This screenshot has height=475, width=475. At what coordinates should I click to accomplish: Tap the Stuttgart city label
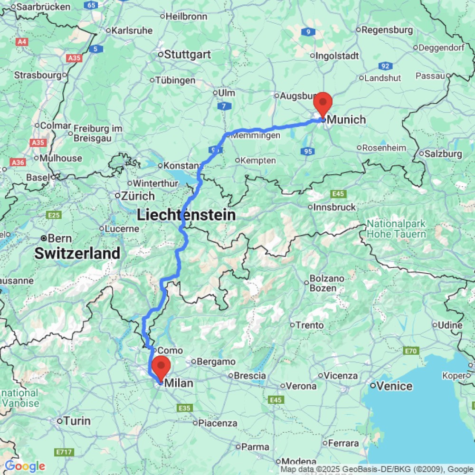tap(187, 55)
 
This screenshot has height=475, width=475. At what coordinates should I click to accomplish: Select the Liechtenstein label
tap(186, 215)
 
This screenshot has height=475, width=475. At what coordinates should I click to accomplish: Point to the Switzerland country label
tap(77, 253)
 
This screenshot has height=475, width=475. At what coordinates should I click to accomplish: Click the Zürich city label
tap(137, 196)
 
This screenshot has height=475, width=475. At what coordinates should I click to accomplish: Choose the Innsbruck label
tap(335, 207)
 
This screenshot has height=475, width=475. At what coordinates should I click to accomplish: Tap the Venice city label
tap(395, 386)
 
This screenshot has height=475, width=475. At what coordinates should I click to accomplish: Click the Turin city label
tap(76, 421)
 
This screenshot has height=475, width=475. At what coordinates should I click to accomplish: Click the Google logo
tap(25, 466)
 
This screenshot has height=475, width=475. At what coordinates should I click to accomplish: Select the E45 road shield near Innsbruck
tap(339, 194)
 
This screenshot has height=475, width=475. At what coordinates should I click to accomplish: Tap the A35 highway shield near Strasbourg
tap(74, 58)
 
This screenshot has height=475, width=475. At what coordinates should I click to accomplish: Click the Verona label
tap(302, 386)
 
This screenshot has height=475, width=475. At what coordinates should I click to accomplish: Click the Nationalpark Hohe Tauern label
tap(396, 228)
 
